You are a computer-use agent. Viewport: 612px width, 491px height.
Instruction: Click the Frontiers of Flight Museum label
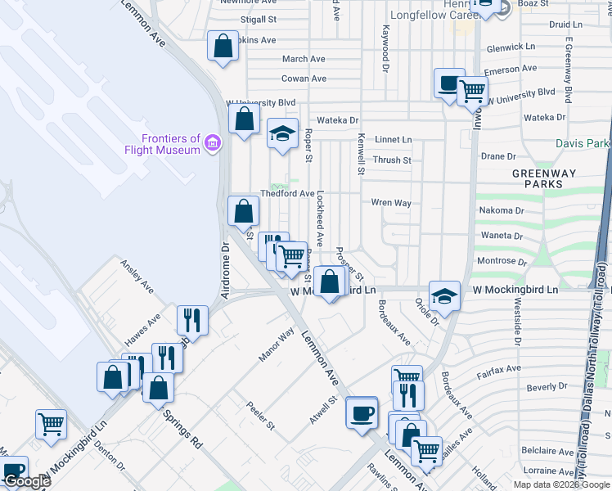(x=162, y=144)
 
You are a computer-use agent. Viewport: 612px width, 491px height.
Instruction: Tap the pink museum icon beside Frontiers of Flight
(x=213, y=144)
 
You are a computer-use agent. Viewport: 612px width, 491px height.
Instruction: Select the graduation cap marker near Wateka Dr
(x=282, y=133)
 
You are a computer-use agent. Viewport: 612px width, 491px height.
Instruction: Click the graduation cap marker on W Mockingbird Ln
(x=444, y=296)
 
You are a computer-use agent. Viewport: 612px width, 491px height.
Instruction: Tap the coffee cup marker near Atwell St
(x=361, y=412)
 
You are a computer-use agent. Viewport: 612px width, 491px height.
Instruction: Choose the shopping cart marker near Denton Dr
(x=51, y=425)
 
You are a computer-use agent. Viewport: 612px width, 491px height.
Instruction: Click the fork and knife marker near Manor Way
(x=193, y=319)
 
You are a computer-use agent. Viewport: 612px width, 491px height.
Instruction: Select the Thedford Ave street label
(x=287, y=194)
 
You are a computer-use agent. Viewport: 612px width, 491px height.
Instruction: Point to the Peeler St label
(x=261, y=417)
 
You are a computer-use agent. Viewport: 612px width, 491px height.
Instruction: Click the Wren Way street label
(x=391, y=202)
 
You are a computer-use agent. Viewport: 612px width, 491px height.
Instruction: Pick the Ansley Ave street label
(x=137, y=277)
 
